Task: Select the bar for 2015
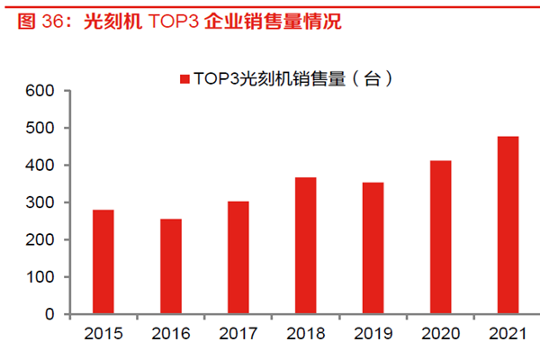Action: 104,262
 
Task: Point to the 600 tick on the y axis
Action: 42,91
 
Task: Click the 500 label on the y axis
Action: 42,129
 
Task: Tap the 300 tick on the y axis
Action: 42,203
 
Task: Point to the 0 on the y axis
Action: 51,315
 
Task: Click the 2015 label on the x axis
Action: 104,335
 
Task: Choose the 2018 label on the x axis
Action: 306,335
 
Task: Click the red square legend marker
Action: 184,80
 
